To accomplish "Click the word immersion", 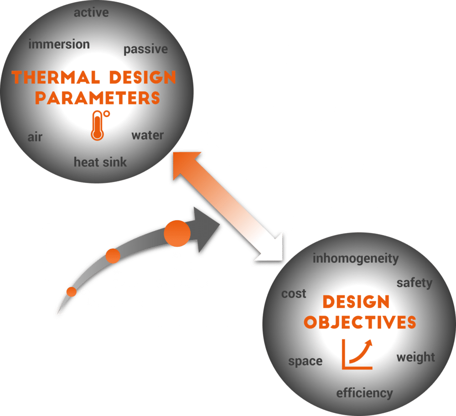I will (59, 45).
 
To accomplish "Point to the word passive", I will (145, 49).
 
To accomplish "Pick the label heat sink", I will (100, 162).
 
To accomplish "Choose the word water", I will (147, 135).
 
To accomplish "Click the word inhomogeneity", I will (355, 259).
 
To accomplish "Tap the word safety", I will (414, 283).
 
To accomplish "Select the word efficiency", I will (364, 393).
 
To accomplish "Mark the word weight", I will (415, 357).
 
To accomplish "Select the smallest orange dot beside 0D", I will (71, 292).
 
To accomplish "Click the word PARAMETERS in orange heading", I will (98, 98).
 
